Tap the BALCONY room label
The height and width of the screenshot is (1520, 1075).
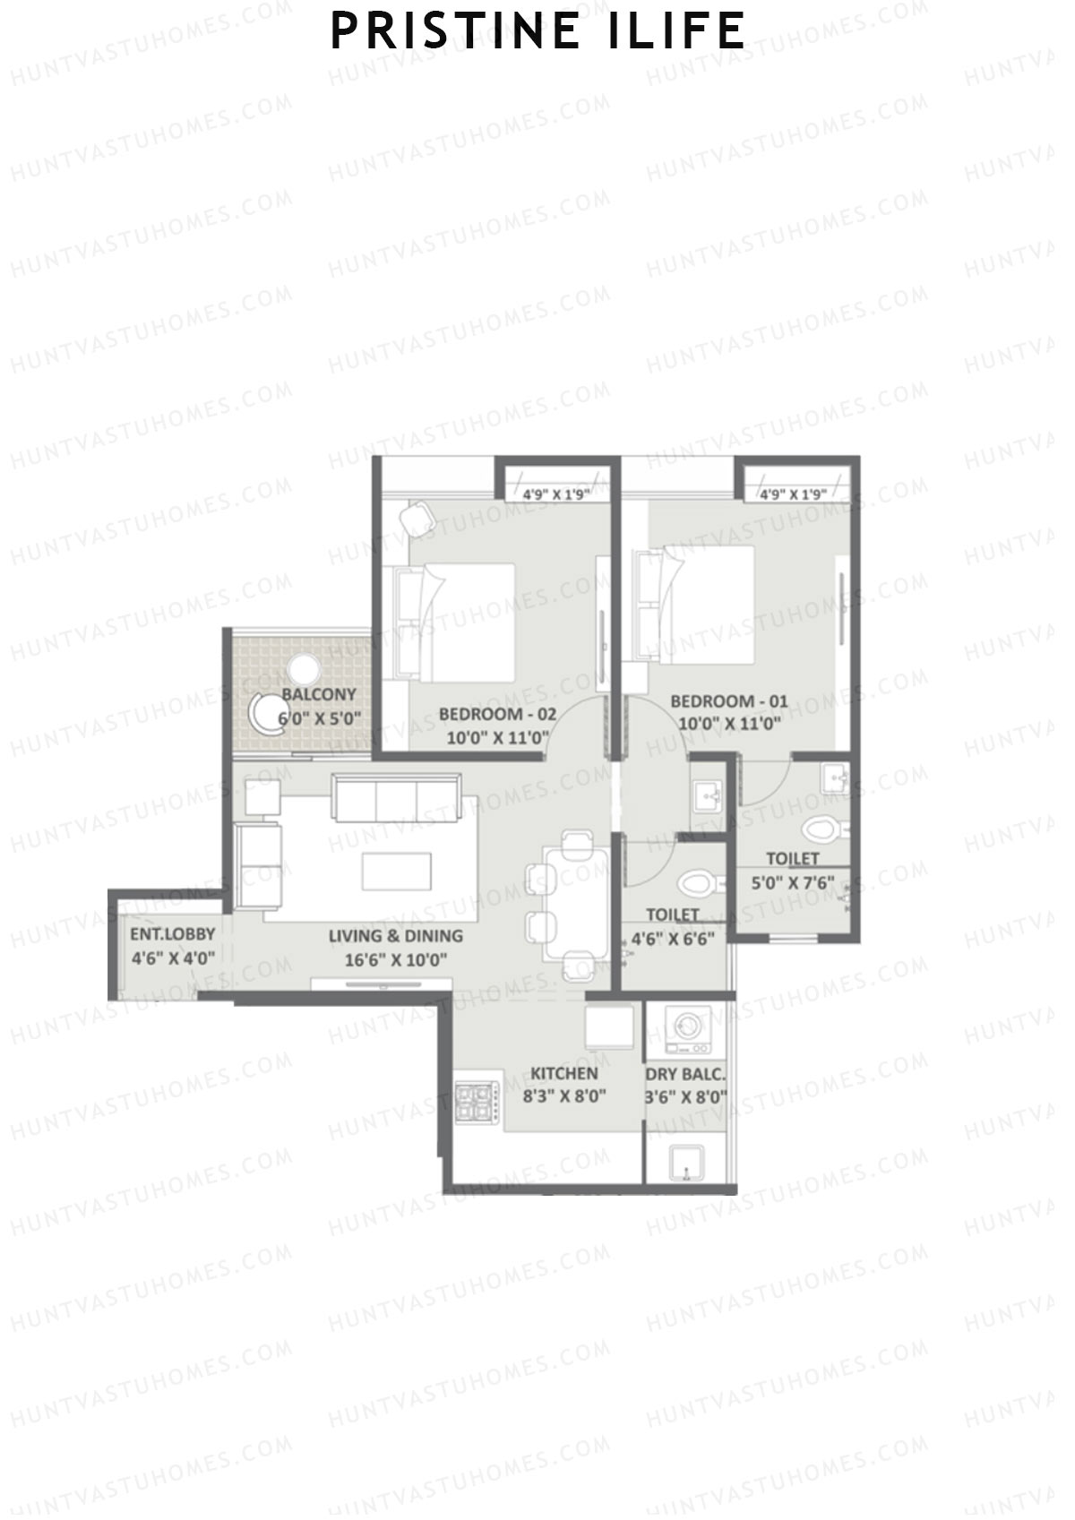pyautogui.click(x=319, y=694)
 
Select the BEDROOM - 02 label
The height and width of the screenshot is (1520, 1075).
pyautogui.click(x=497, y=715)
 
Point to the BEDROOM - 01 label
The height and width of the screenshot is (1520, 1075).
pyautogui.click(x=729, y=701)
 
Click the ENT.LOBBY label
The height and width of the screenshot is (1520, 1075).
pyautogui.click(x=172, y=934)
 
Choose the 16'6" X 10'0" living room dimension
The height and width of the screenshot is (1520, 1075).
pyautogui.click(x=396, y=959)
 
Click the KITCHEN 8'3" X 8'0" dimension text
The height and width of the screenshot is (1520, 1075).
pyautogui.click(x=564, y=1095)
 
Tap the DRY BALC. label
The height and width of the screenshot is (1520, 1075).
pyautogui.click(x=685, y=1074)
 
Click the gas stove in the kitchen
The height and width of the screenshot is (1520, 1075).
pyautogui.click(x=476, y=1103)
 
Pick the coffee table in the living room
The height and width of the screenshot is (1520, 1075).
pyautogui.click(x=396, y=871)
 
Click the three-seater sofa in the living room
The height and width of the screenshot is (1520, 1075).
pyautogui.click(x=396, y=797)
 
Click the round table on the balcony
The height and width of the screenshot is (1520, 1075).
pyautogui.click(x=303, y=669)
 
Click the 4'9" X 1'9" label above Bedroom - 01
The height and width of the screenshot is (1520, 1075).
pyautogui.click(x=792, y=494)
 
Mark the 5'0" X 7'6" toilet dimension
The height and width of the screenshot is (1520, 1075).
pyautogui.click(x=792, y=882)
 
